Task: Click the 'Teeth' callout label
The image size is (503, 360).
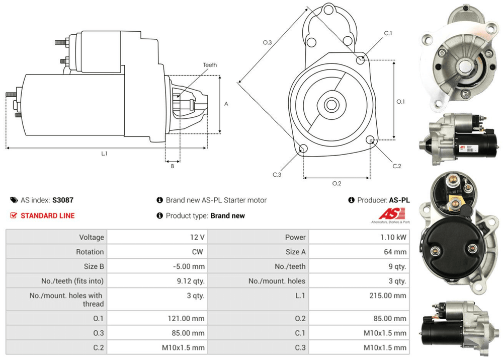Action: point(210,65)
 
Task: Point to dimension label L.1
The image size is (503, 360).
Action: point(104,154)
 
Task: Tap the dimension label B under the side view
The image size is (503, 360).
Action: point(172,166)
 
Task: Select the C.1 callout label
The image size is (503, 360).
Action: point(388,33)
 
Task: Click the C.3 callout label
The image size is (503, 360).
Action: point(277,175)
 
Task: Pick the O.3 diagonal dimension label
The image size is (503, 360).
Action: point(267,42)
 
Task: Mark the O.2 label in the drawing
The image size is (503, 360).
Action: point(337,183)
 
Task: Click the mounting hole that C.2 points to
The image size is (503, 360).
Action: point(371,140)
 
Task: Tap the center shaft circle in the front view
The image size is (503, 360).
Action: point(331,105)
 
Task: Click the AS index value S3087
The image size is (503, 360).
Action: point(63,200)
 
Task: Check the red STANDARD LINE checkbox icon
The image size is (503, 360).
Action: point(14,215)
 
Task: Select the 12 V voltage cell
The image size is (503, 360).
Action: point(198,237)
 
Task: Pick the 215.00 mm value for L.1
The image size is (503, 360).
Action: point(388,296)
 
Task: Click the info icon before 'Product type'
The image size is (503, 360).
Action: point(160,215)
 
